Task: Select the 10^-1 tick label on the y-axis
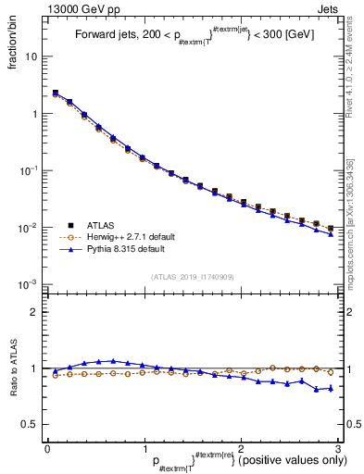pyautogui.click(x=28, y=171)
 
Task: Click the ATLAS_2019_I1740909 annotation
pyautogui.click(x=192, y=278)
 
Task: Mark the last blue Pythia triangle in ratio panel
pyautogui.click(x=330, y=388)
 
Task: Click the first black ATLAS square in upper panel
pyautogui.click(x=56, y=93)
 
